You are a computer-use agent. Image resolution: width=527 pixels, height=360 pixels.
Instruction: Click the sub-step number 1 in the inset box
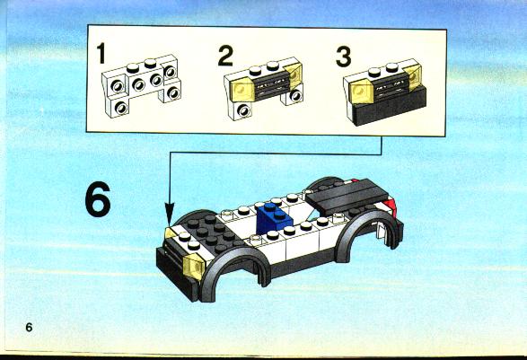tap(101, 54)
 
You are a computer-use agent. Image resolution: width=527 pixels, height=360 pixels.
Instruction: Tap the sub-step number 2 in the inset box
tap(225, 56)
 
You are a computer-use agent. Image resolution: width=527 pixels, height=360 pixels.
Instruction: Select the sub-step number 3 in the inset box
tap(344, 57)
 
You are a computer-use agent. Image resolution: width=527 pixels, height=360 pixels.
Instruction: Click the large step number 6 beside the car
tap(98, 199)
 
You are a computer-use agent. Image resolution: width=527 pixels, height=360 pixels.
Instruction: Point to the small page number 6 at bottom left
tap(30, 327)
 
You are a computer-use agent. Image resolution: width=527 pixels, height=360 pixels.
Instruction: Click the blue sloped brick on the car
tap(274, 218)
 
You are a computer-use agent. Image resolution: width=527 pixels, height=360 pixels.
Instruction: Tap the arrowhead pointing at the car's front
tap(170, 213)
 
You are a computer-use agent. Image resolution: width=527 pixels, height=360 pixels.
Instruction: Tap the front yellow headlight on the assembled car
tap(194, 267)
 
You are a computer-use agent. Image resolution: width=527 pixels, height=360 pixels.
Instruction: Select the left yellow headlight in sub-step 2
tap(242, 90)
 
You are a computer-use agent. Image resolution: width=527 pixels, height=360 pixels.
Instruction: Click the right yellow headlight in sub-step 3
tap(413, 77)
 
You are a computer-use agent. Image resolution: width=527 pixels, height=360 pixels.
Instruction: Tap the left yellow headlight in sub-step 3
tap(362, 92)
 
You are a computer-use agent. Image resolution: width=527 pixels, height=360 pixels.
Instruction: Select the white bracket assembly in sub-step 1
tap(141, 85)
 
